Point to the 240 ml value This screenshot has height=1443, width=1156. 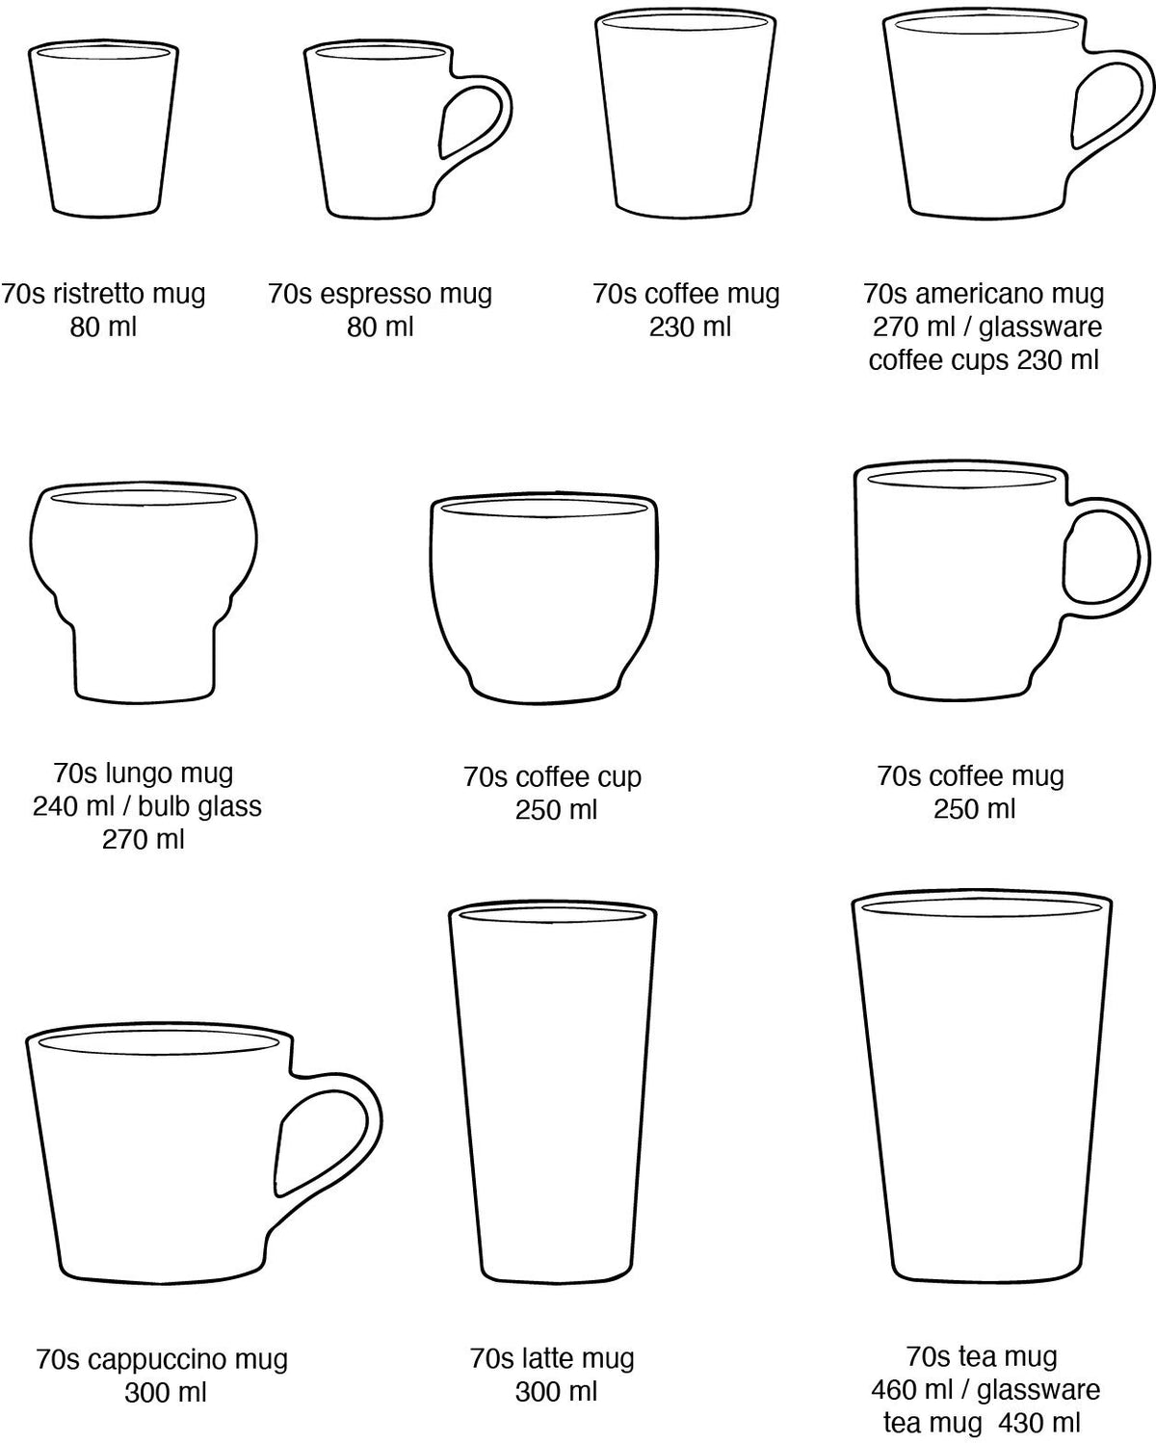(x=74, y=806)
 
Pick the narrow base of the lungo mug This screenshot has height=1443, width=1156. (x=144, y=661)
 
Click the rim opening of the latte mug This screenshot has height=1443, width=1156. (x=553, y=914)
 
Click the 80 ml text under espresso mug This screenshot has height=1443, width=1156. (x=380, y=328)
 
